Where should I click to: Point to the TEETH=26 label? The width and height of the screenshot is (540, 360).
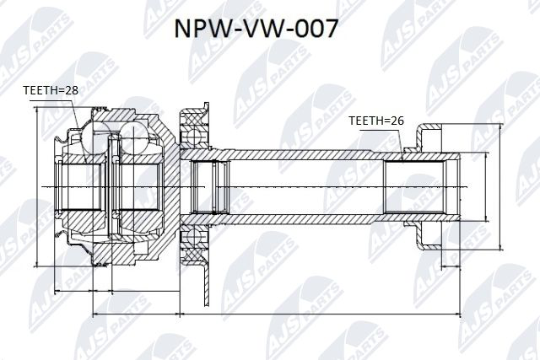coord(376,121)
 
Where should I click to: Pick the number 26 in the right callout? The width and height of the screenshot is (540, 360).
coord(397,121)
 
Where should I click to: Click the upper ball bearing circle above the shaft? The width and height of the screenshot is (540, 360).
coord(196,135)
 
